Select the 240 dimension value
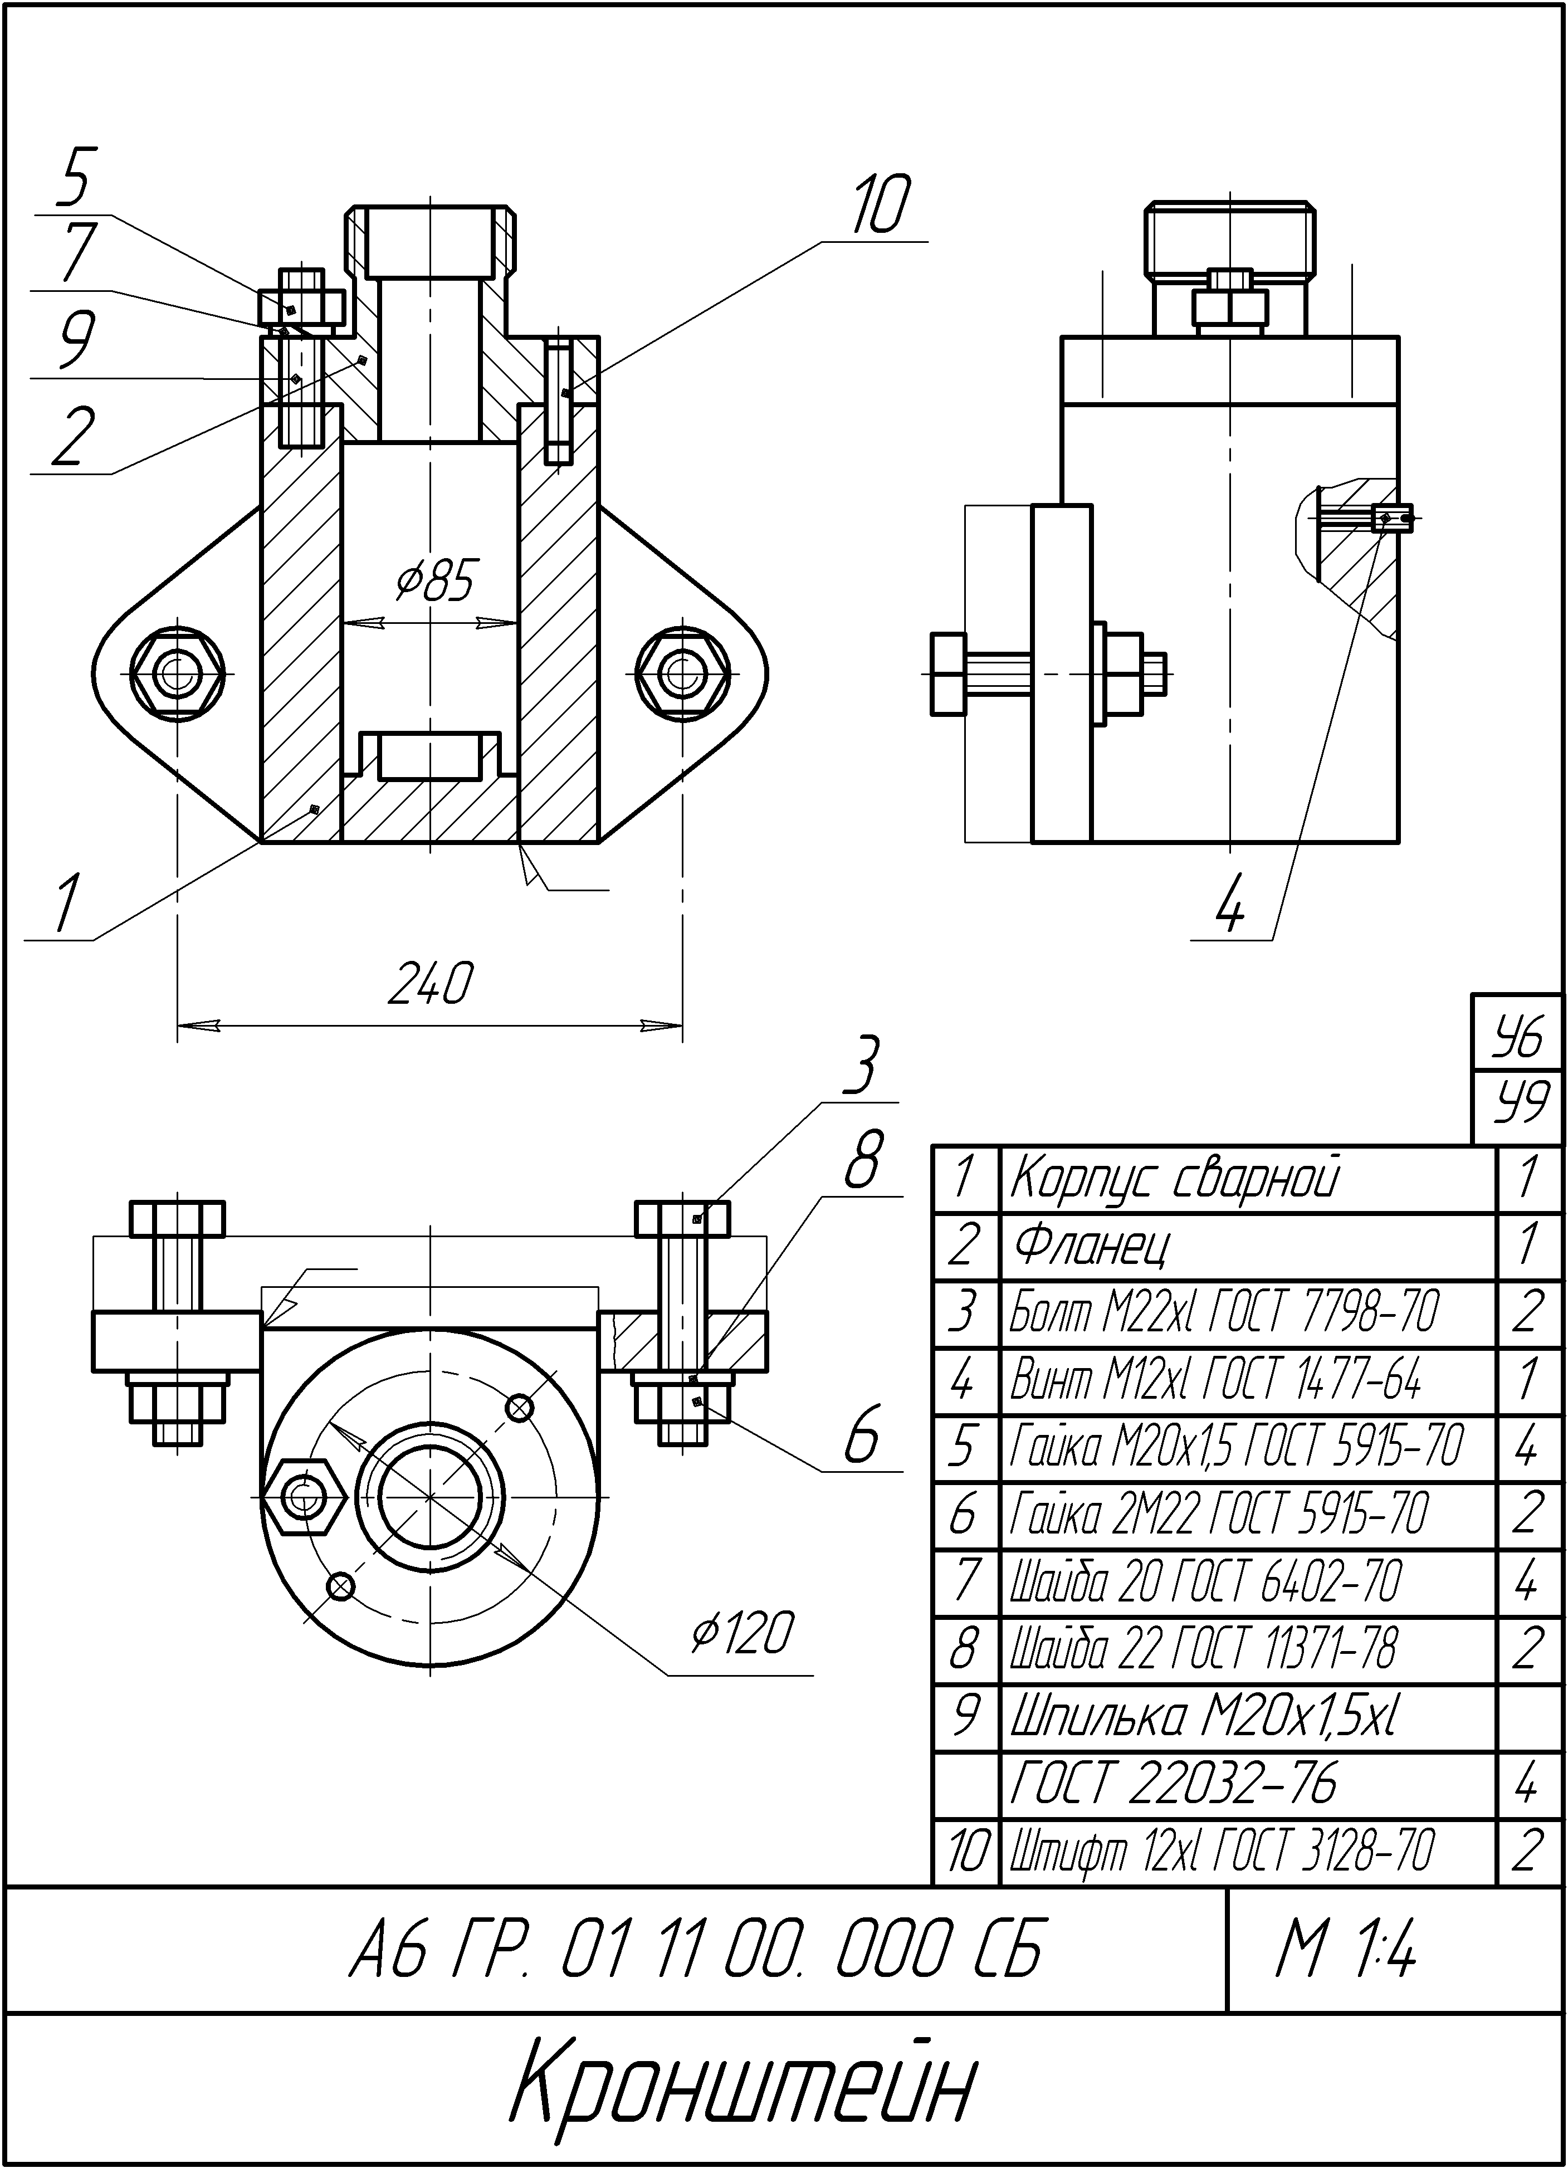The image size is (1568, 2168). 429,984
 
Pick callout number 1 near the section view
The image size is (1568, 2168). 63,904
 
